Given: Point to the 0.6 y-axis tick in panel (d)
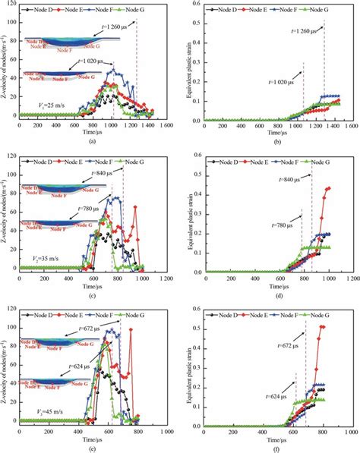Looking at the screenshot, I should pos(196,156).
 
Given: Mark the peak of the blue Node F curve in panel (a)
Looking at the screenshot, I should pos(114,70).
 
